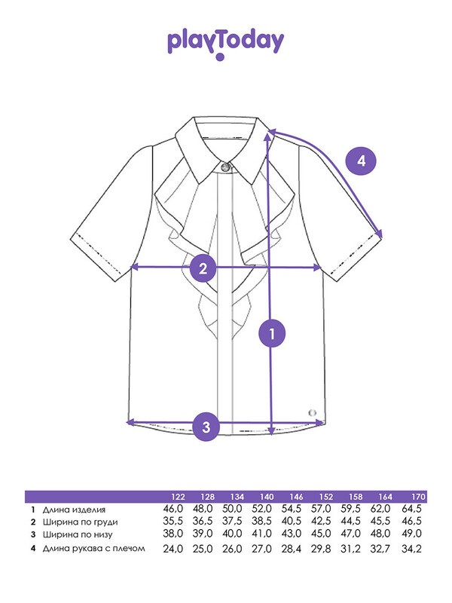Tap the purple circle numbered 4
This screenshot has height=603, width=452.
(361, 161)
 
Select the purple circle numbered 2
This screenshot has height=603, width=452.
(203, 268)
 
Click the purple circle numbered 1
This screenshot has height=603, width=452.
(272, 333)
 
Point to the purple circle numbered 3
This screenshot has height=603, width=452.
(206, 427)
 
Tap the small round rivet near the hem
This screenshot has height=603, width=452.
(313, 413)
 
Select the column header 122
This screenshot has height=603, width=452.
(179, 497)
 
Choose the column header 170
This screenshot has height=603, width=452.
(418, 497)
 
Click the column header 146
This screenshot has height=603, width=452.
(296, 497)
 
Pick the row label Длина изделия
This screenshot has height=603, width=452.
(74, 510)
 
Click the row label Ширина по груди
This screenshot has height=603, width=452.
(80, 522)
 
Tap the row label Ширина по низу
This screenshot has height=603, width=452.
(78, 534)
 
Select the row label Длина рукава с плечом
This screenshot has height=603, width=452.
(93, 549)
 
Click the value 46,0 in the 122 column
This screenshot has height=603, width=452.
(173, 509)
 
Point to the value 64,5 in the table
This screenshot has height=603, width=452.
(411, 509)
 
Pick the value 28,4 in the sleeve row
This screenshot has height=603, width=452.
(292, 549)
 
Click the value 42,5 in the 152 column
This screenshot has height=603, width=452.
(321, 521)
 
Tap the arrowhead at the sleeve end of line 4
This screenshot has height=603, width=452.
(380, 234)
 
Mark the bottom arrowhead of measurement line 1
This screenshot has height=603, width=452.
(272, 430)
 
